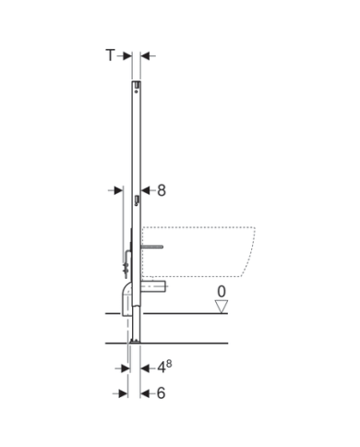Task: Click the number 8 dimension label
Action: tap(161, 189)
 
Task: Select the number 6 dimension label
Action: tap(161, 393)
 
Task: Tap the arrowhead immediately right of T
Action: tap(126, 55)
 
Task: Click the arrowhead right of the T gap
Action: tap(146, 55)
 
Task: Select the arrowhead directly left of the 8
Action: tap(144, 189)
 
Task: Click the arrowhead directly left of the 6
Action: tap(145, 393)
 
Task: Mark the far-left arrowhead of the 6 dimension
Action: tap(123, 393)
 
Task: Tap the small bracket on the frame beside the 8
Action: tap(137, 200)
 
